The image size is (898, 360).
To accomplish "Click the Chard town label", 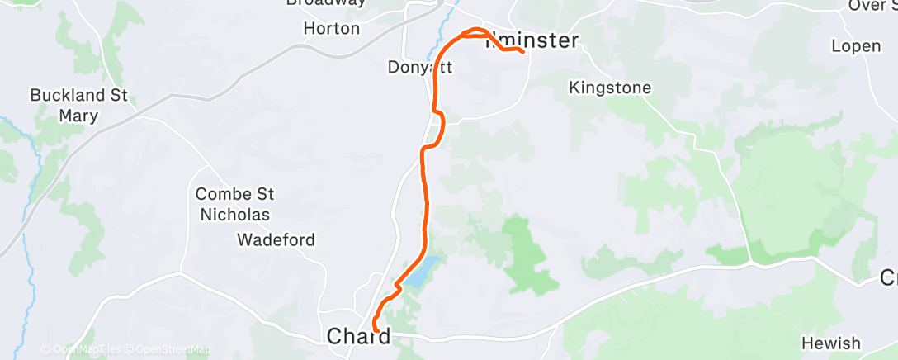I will click(358, 336).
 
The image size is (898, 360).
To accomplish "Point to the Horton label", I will click(332, 28).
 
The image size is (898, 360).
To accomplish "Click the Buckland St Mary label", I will click(78, 105).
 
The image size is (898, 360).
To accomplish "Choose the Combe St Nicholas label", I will click(234, 204).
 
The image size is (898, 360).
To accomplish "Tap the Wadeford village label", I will click(275, 240).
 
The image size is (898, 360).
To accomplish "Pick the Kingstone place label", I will click(610, 88).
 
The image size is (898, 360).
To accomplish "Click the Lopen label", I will click(856, 45).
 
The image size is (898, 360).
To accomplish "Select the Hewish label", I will click(830, 343).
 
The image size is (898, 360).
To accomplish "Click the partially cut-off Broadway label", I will click(325, 2).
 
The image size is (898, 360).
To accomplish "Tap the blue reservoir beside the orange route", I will click(421, 272).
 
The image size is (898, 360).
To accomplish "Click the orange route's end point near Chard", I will click(377, 330).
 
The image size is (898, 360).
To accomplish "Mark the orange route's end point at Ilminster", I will click(523, 52).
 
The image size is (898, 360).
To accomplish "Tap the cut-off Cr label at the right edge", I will click(888, 278).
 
